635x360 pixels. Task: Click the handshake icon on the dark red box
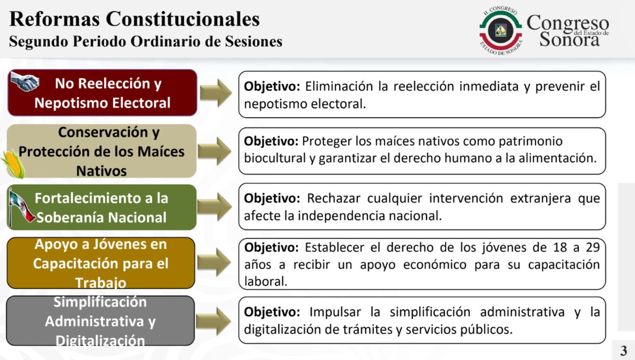coord(25,81)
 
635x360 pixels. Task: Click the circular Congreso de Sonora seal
coord(501,30)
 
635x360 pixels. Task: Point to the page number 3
coord(623,351)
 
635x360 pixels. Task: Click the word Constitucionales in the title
coord(183,19)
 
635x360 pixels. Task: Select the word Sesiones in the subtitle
coord(254,41)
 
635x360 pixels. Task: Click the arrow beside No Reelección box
coord(216,93)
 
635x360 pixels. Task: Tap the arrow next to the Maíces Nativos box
coord(215,151)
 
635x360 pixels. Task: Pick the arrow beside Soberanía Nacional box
coord(215,207)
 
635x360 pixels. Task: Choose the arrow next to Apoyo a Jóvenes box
coord(214,262)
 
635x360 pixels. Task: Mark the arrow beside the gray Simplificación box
coord(213,322)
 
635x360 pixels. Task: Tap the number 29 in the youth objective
coord(593,248)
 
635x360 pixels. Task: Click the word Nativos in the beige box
coord(101,171)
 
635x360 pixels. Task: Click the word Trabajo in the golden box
coord(101,283)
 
